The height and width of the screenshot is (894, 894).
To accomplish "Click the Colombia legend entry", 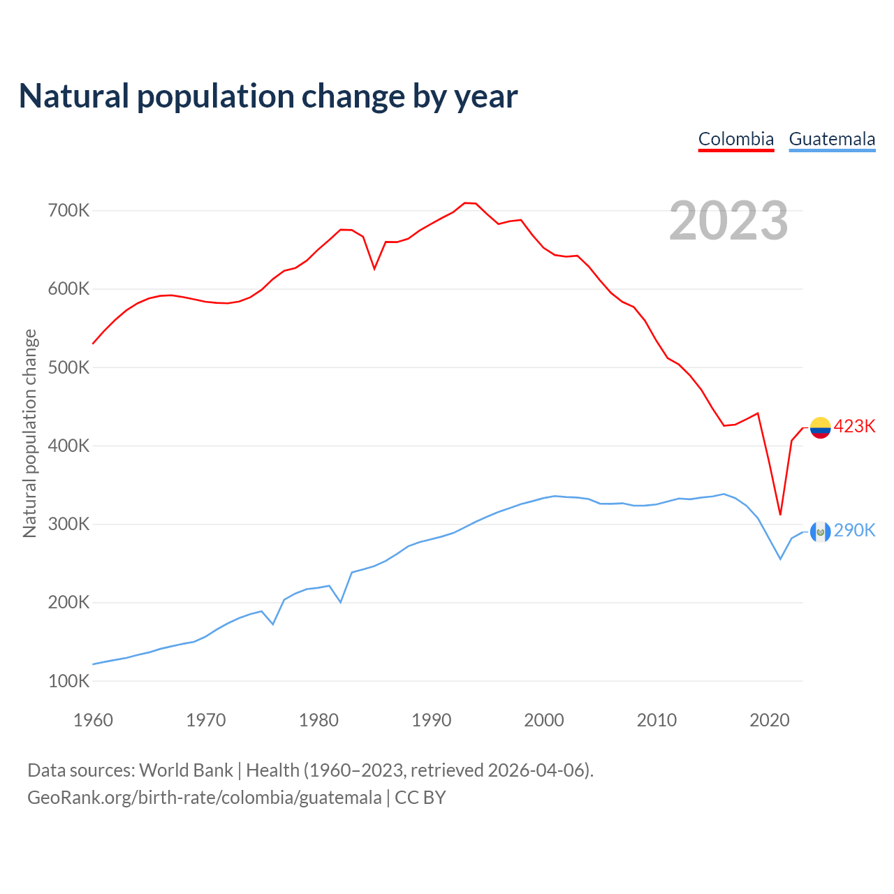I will click(736, 139).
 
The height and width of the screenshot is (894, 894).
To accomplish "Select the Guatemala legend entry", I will click(832, 139).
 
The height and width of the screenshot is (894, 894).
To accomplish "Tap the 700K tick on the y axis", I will click(68, 210).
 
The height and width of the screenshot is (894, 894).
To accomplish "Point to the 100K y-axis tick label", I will click(68, 681).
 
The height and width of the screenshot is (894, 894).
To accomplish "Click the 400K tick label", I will click(68, 446).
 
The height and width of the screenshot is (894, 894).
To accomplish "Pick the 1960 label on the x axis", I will click(93, 720).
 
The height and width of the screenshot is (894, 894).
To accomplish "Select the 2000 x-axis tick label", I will click(544, 720).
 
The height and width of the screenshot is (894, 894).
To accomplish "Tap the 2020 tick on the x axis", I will click(769, 720).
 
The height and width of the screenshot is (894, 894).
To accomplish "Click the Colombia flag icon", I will click(820, 427).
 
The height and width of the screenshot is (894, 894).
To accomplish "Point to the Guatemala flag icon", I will click(820, 532).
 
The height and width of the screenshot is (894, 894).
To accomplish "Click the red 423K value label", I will click(854, 426).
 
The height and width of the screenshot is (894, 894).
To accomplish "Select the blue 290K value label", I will click(854, 531).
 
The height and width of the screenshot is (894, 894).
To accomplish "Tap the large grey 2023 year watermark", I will click(728, 221).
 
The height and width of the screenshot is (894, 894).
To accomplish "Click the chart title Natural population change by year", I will click(268, 96).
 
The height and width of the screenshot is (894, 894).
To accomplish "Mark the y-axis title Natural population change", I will click(29, 433).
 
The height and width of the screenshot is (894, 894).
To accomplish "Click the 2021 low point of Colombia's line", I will click(780, 515).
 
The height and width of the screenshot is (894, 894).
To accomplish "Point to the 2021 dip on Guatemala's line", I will click(780, 559).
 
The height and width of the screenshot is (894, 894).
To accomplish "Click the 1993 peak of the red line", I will click(465, 203).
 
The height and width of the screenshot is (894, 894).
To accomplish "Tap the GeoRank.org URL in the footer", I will click(205, 798).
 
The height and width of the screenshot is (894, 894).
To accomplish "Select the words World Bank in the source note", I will click(186, 770).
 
